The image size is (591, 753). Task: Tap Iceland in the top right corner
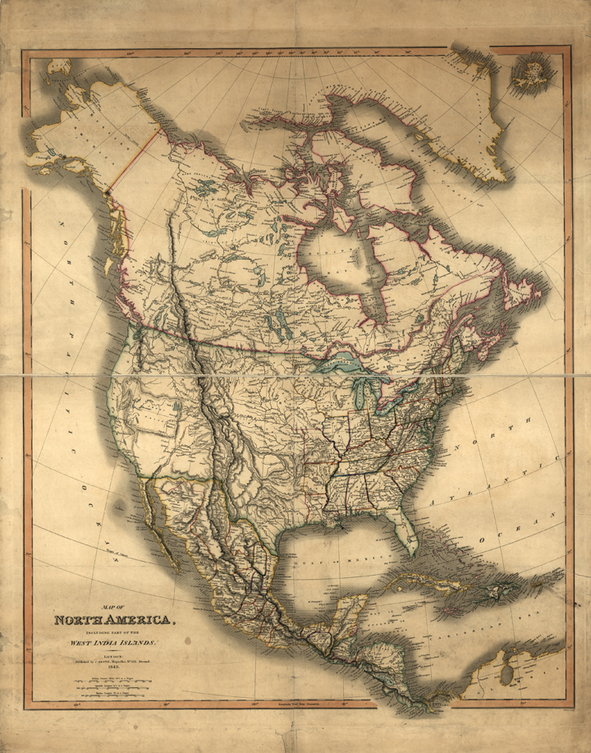pyautogui.click(x=529, y=73)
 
